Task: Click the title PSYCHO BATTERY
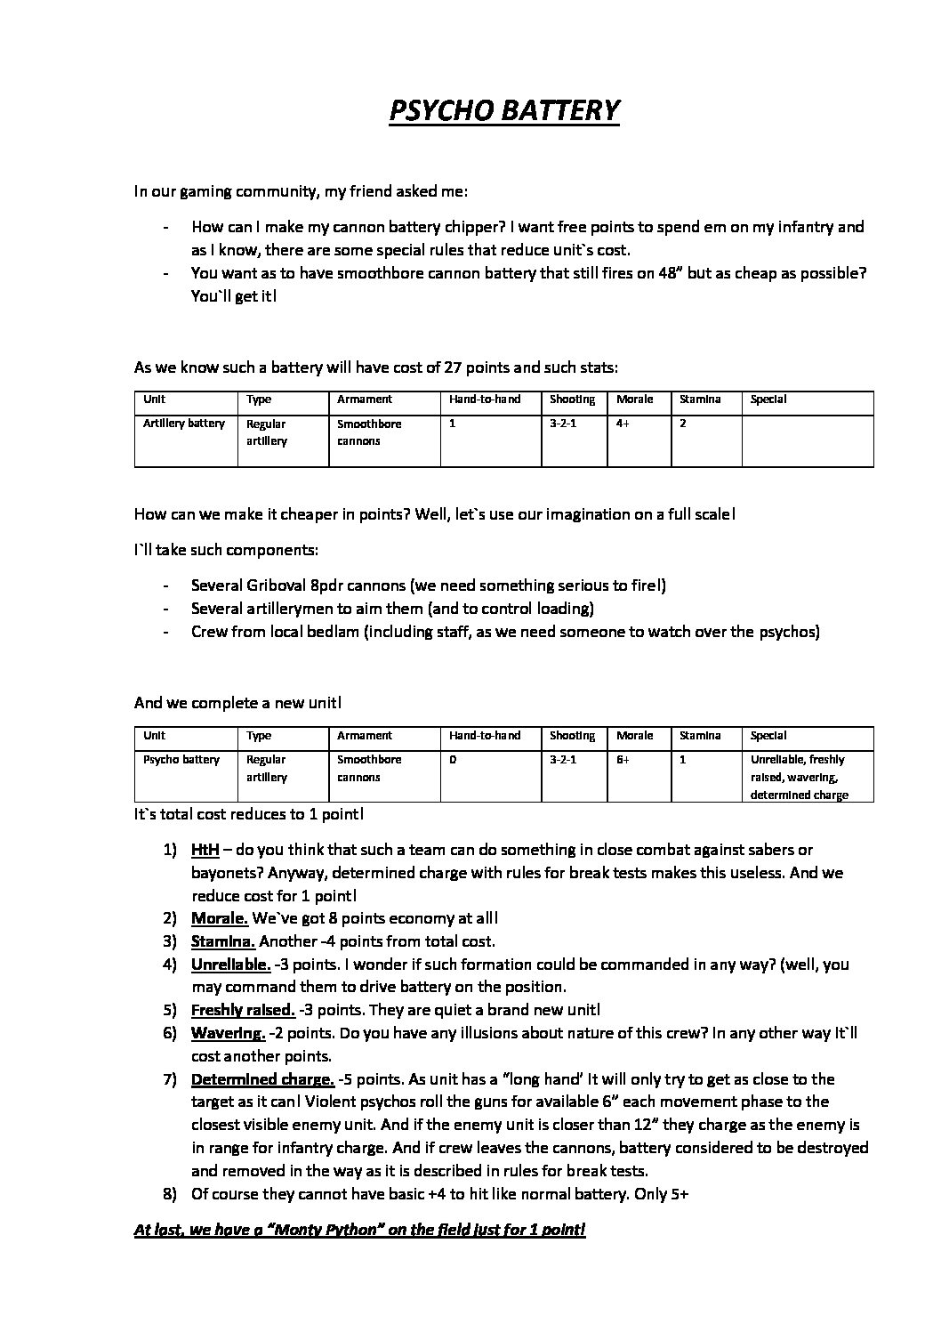pos(503,110)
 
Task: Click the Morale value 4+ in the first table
pos(623,424)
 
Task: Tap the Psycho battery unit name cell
pos(181,760)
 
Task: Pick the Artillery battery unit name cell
pos(184,424)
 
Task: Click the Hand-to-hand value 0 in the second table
pos(453,760)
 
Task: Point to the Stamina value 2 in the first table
pos(683,424)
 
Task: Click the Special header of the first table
pos(768,400)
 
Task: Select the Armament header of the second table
pos(365,736)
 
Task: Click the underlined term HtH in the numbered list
pos(205,850)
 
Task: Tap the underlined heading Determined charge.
pos(262,1079)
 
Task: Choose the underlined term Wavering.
pos(228,1033)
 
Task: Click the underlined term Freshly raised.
pos(243,1010)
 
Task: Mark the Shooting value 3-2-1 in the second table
pos(563,760)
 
